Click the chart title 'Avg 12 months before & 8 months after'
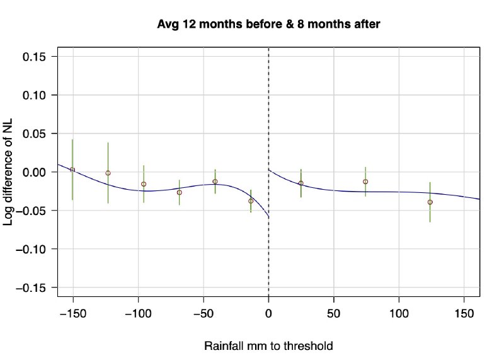coord(269,25)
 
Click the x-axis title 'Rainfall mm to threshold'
coord(268,346)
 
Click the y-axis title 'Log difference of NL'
coord(13,171)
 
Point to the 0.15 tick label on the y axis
coord(38,57)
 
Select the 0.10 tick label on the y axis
coord(38,95)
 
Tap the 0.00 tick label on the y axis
coord(38,172)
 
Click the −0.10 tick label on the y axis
coord(35,249)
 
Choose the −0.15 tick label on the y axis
coord(35,287)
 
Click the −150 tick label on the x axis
coord(72,313)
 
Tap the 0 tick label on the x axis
coord(269,313)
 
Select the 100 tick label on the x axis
coord(399,313)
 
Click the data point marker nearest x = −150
coord(72,170)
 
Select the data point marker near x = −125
coord(108,173)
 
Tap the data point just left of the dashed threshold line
coord(251,201)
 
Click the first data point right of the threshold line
coord(301,183)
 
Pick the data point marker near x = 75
coord(365,182)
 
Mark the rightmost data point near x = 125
coord(430,202)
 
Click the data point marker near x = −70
coord(179,192)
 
